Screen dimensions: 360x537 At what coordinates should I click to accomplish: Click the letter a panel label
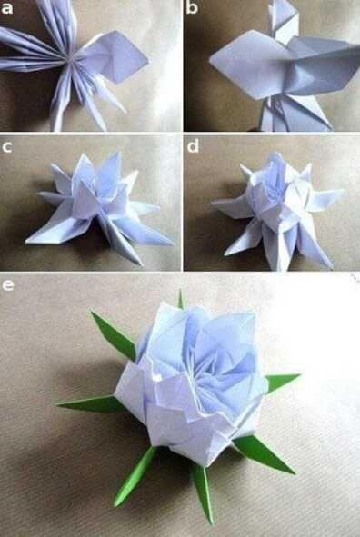7,7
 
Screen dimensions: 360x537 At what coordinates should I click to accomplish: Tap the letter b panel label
192,7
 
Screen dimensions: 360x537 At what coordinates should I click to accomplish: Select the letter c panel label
7,146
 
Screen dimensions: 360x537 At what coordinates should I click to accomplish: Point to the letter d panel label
193,145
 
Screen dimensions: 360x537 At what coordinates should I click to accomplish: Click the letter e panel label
7,285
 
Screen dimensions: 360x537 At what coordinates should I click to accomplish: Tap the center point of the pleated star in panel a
71,60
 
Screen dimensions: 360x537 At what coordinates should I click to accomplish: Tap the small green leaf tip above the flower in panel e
180,299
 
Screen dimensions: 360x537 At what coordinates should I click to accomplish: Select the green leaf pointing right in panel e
281,382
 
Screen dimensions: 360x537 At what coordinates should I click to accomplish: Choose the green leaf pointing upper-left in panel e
114,335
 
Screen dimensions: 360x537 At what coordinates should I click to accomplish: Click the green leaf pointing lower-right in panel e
265,453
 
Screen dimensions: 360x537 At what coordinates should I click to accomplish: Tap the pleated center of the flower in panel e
202,373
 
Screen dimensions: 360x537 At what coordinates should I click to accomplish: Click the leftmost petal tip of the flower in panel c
26,242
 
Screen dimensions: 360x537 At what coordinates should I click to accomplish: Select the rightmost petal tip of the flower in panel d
342,192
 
